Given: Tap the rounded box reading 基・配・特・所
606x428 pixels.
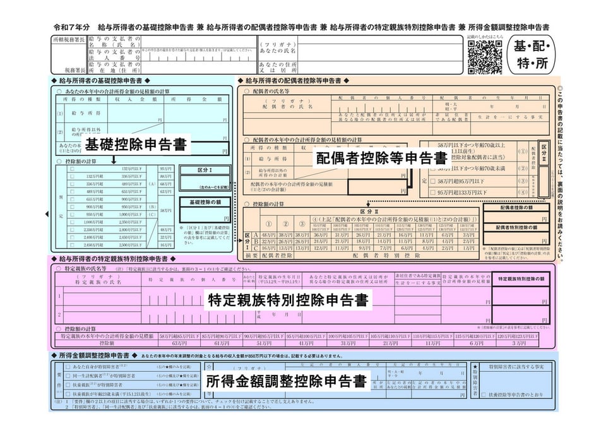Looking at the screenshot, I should [x=532, y=56].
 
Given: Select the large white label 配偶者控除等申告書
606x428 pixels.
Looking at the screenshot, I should [x=382, y=157].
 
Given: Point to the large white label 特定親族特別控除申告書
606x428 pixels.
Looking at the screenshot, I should [x=288, y=300].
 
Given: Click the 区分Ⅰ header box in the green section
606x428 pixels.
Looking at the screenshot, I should [x=203, y=170].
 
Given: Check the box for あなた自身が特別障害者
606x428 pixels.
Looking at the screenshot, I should [x=66, y=367].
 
